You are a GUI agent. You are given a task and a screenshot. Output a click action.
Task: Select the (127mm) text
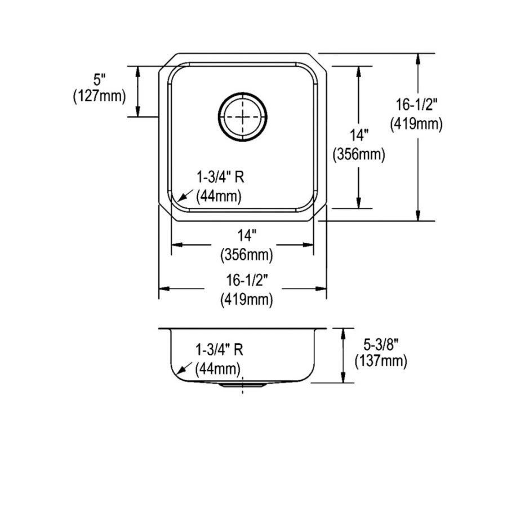99,96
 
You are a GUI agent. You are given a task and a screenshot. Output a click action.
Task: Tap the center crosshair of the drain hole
242,117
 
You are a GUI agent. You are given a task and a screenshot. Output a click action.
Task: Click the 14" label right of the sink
359,136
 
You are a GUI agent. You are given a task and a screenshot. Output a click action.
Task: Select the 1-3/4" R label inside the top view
220,178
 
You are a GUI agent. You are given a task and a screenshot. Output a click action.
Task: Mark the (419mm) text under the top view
246,300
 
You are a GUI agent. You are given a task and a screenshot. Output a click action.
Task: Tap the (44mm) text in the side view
219,369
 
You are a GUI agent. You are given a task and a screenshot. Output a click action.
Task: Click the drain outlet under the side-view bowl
243,385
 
